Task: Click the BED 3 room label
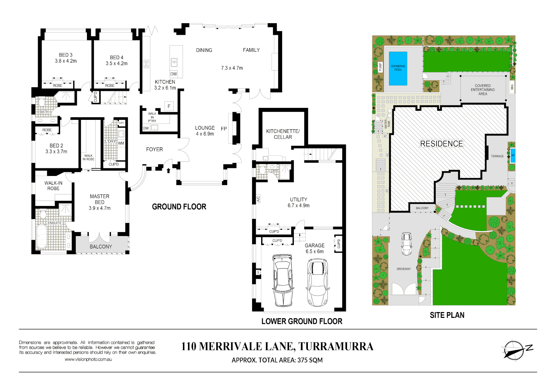click(x=66, y=58)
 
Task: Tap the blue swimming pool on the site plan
click(x=398, y=68)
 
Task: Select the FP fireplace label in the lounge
click(x=223, y=129)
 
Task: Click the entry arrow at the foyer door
click(x=168, y=170)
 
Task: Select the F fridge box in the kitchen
click(x=169, y=106)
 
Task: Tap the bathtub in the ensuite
click(x=42, y=236)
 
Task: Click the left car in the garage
click(x=283, y=280)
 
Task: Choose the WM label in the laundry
click(x=121, y=143)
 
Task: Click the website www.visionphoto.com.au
click(x=88, y=360)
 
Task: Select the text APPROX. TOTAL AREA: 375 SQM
click(x=277, y=360)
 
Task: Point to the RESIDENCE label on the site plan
click(x=441, y=144)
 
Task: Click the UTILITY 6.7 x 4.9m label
click(x=298, y=202)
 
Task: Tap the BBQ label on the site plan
click(x=512, y=87)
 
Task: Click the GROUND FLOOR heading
click(x=179, y=207)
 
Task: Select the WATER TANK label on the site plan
click(x=387, y=123)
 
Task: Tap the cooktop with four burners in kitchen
click(x=146, y=64)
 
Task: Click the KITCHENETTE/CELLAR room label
click(x=283, y=134)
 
